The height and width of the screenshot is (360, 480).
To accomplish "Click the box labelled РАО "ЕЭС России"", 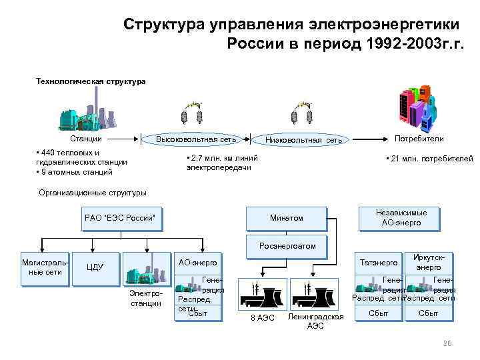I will [x=121, y=218].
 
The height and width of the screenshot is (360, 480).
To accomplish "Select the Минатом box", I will [x=287, y=218].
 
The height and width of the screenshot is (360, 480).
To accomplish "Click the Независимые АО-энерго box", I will [x=401, y=217].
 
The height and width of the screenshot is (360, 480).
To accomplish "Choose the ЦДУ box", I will [x=95, y=268].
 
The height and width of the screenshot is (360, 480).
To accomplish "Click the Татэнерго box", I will [x=378, y=263].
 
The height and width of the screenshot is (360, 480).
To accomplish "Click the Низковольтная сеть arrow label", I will [x=303, y=140].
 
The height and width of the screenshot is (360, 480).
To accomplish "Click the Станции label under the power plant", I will [x=86, y=139].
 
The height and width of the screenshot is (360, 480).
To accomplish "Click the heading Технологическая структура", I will [x=91, y=81].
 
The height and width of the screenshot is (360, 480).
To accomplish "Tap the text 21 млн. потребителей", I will [x=429, y=159].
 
